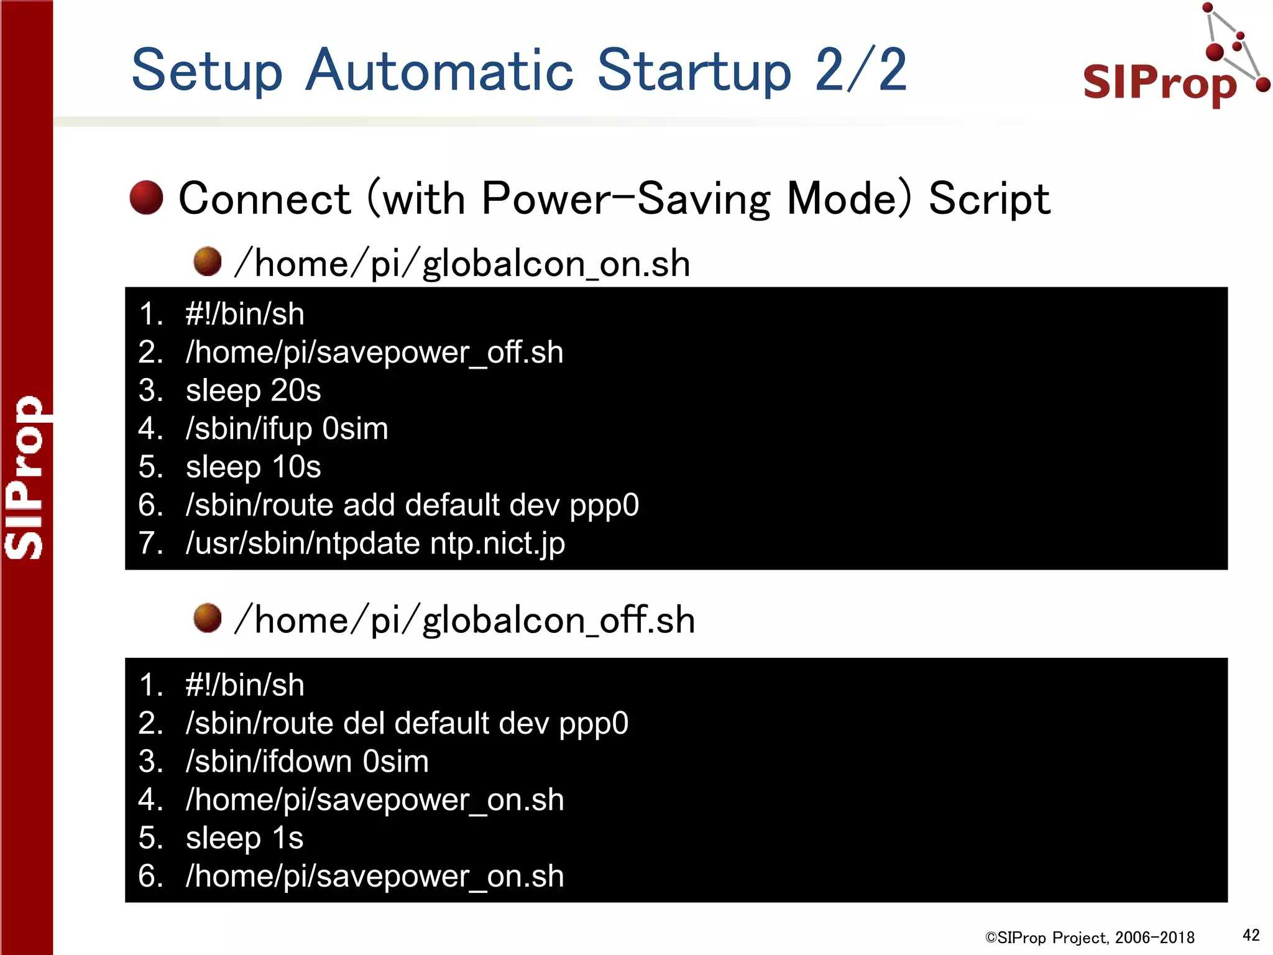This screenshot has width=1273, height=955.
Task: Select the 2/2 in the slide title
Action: click(861, 70)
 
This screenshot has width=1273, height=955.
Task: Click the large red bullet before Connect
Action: click(146, 198)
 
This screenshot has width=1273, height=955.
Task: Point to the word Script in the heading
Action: click(988, 199)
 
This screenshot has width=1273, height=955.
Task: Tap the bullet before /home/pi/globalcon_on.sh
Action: click(207, 261)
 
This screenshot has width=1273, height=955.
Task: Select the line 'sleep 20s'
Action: click(253, 390)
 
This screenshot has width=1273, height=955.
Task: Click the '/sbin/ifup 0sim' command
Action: click(287, 429)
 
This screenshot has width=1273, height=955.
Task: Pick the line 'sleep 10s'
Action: click(253, 467)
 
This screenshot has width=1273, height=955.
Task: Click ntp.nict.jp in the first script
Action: click(497, 543)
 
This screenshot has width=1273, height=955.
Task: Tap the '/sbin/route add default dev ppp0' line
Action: click(412, 505)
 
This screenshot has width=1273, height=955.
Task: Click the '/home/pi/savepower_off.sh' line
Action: click(374, 353)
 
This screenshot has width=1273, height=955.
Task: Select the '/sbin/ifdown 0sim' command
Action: click(307, 762)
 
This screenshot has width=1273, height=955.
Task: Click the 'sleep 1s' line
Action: click(244, 838)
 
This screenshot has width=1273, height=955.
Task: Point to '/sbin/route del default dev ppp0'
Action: click(407, 724)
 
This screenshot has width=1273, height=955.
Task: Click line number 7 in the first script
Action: click(150, 543)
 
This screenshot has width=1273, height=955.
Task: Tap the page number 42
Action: click(1251, 935)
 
